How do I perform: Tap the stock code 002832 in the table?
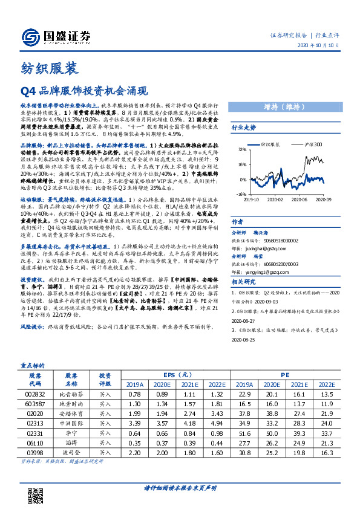[x=35, y=393]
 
